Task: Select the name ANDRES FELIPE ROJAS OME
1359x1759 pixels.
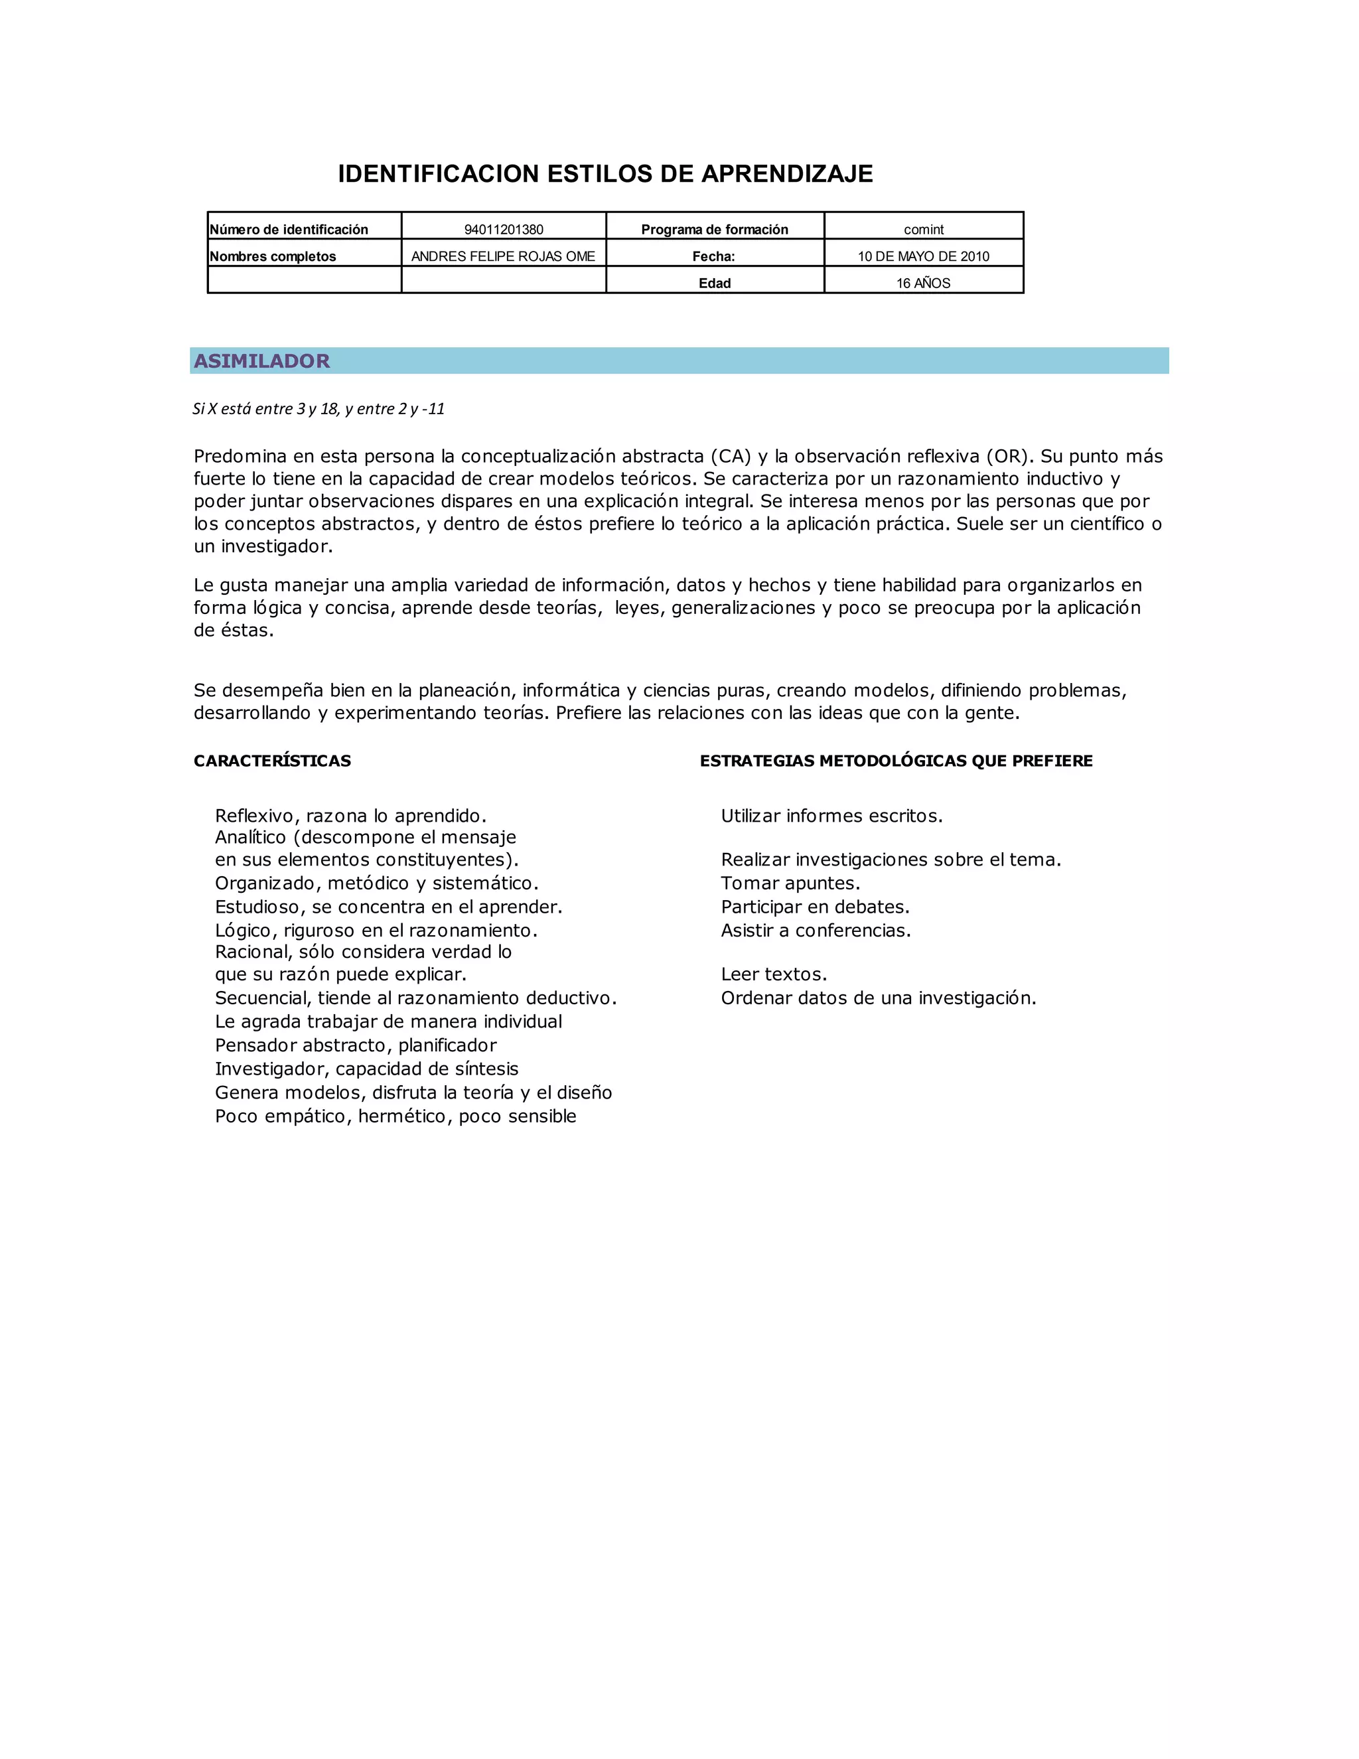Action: coord(503,256)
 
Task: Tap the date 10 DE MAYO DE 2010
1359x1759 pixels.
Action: coord(924,256)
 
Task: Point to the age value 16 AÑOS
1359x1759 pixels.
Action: coord(924,283)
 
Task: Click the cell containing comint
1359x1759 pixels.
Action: coord(924,230)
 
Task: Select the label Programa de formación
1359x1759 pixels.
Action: coord(714,230)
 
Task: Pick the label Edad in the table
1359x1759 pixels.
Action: coord(714,283)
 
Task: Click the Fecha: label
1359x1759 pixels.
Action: coord(714,256)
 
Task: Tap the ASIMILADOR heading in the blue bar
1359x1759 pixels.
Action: coord(261,361)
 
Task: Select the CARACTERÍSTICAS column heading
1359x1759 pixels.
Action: coord(272,761)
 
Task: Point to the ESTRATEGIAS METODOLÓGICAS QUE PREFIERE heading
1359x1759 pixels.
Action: coord(896,761)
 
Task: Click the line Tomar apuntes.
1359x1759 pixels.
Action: coord(790,883)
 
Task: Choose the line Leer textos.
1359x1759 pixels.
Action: coord(774,974)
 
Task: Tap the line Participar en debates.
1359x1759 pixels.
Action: coord(815,907)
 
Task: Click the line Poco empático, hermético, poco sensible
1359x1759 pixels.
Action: coord(395,1116)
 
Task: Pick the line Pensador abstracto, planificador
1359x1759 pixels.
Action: coord(356,1045)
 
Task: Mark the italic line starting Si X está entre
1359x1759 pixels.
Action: coord(319,409)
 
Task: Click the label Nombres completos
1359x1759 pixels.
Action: coord(273,256)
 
